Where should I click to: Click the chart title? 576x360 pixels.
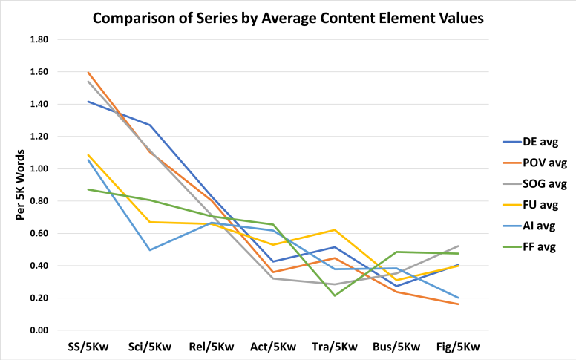click(287, 16)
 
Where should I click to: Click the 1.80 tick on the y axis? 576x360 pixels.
click(39, 40)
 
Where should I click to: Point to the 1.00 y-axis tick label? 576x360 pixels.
click(39, 169)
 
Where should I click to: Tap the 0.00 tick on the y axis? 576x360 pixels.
click(39, 330)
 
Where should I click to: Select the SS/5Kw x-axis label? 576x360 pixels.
click(87, 347)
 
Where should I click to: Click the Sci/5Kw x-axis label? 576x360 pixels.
click(149, 347)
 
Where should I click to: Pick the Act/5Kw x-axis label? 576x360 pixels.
click(272, 347)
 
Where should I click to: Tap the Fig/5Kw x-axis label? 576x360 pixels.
click(458, 347)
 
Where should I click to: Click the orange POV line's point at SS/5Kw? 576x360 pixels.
click(88, 73)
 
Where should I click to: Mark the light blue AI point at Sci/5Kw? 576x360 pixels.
click(149, 250)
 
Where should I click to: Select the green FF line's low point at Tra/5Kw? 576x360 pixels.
click(335, 296)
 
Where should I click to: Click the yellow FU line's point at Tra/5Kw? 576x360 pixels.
click(335, 230)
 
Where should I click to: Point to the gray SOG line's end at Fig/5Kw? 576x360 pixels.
click(458, 246)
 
